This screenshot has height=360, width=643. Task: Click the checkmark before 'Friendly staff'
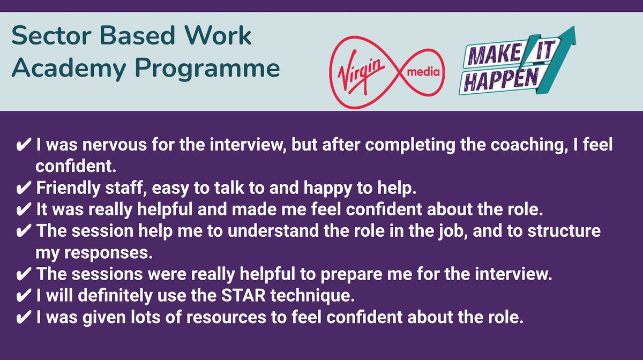click(x=24, y=189)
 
